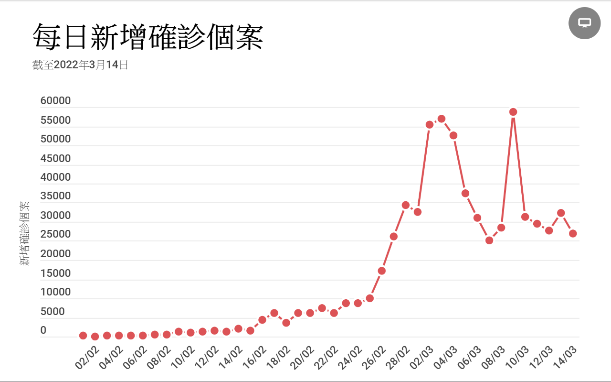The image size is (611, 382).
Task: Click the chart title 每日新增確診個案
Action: tap(148, 37)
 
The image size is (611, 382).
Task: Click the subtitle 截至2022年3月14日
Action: tap(80, 65)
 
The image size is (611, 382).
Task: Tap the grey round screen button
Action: tap(584, 23)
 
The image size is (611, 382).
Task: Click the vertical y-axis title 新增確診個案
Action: tap(24, 233)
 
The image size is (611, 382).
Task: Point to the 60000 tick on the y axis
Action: tap(55, 101)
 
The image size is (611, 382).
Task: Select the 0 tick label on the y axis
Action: tap(43, 330)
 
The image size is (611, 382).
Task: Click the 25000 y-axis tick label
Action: tap(55, 234)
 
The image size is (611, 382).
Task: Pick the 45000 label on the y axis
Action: tap(55, 158)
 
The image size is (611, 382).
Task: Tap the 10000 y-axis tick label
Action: tap(55, 292)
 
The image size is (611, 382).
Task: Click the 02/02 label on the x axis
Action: tap(87, 357)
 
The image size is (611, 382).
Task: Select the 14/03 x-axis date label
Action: tap(565, 357)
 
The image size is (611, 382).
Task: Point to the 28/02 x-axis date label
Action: tap(398, 357)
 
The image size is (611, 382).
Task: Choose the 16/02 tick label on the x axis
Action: tap(254, 357)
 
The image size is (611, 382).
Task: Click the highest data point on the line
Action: tap(513, 112)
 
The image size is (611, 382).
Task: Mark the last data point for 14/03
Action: tap(573, 233)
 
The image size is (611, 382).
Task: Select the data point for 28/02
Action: tap(406, 205)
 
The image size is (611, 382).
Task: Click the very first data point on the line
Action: tap(83, 336)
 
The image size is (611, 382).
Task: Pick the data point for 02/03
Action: tap(430, 125)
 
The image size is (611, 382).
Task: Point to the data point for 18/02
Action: tap(286, 323)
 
